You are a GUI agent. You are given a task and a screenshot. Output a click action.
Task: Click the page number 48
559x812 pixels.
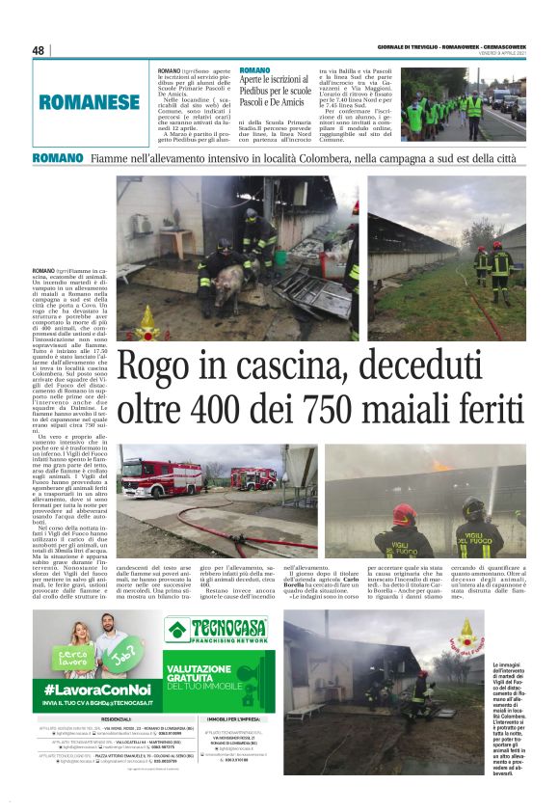click(x=39, y=50)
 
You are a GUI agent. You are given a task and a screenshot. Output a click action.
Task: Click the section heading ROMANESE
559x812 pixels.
click(x=90, y=100)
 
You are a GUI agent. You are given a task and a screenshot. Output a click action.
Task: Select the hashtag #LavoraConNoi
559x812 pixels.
click(x=89, y=691)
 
